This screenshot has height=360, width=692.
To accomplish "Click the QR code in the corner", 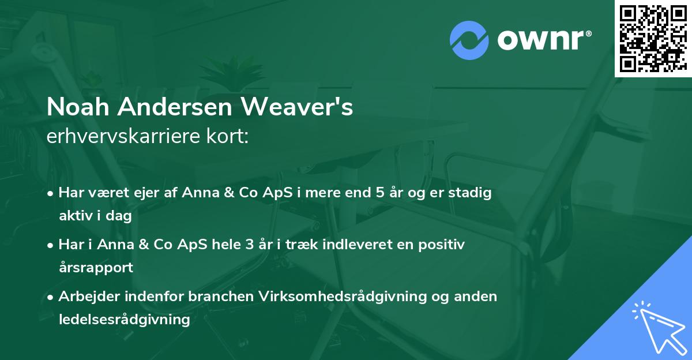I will pyautogui.click(x=653, y=39).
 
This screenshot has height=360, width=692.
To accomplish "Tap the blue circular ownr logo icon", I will pyautogui.click(x=469, y=40).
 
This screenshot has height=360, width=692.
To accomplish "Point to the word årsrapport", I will pyautogui.click(x=96, y=267).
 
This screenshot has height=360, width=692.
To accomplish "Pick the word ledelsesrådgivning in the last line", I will pyautogui.click(x=125, y=319).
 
